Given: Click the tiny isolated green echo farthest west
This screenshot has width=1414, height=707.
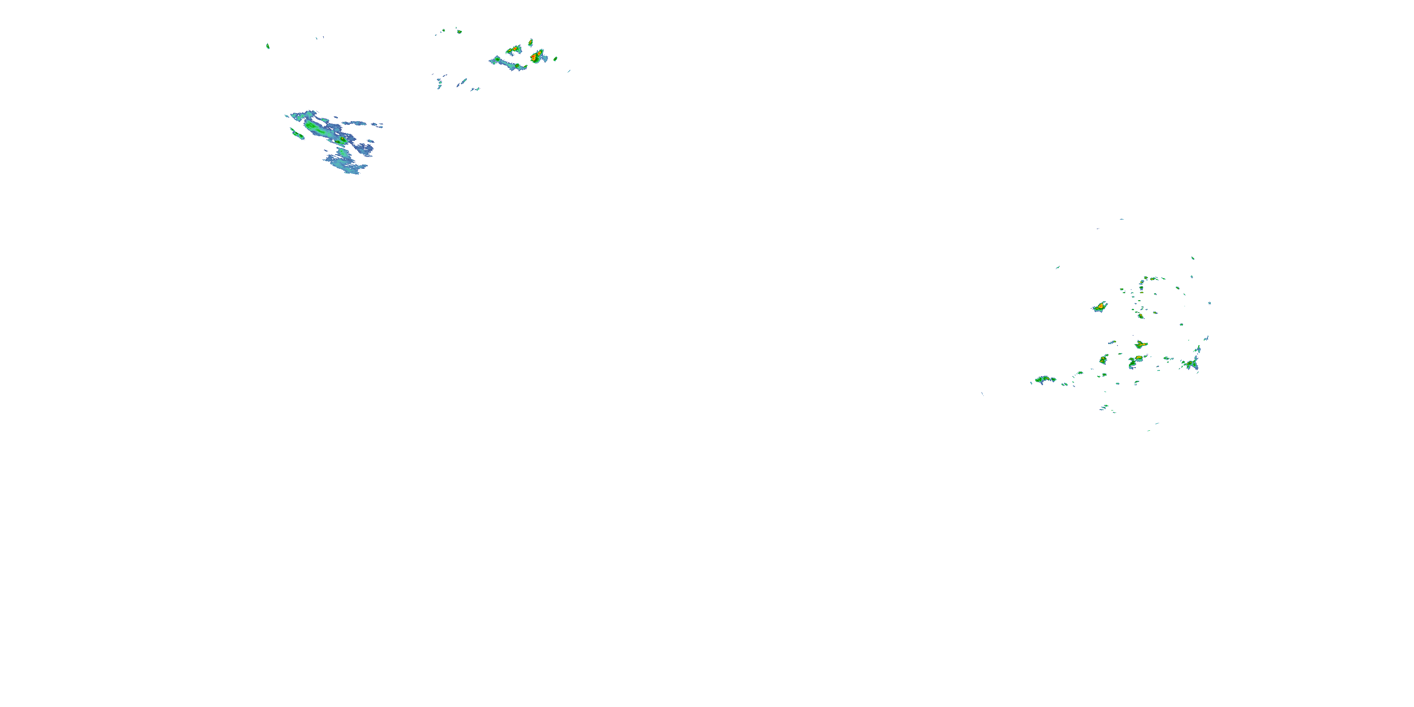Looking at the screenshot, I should coord(268,46).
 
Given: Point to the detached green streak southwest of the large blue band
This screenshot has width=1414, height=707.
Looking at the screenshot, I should coord(297,133).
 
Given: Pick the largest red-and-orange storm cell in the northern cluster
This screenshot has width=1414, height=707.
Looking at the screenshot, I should coord(536,56).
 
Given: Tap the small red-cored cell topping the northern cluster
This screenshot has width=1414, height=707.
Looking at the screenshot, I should coord(530,42).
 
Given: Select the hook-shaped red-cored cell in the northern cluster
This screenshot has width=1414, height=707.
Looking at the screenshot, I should coord(514,50).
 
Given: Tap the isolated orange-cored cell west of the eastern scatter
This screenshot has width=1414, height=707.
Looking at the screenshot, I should coord(1100,307).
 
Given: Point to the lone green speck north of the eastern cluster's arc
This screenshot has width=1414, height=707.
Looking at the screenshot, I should coord(1193,258).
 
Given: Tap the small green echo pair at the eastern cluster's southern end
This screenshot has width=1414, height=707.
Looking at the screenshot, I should coord(1105,407).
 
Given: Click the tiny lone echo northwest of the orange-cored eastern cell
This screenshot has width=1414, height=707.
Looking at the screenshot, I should coord(1057,267).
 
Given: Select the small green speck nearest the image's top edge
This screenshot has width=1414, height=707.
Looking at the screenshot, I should coord(459,31).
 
